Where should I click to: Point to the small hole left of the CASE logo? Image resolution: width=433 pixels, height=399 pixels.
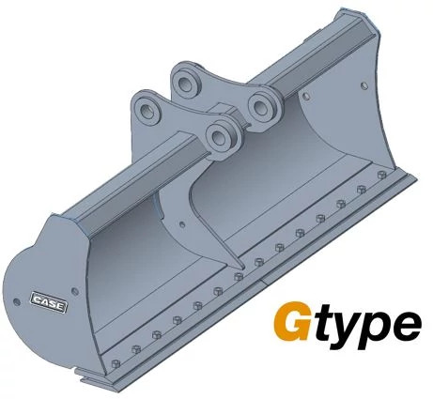click(x=17, y=301)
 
